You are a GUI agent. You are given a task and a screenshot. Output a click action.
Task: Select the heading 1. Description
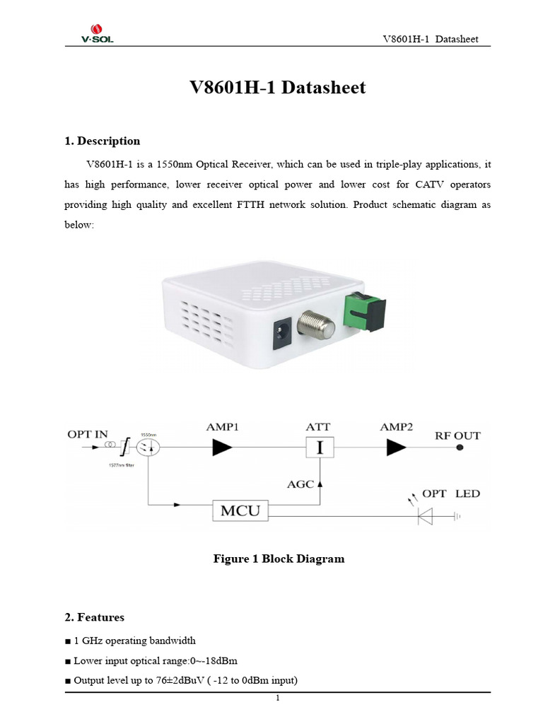point(102,141)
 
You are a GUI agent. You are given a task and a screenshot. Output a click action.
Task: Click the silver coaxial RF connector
point(314,327)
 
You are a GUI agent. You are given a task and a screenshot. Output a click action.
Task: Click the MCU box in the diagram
point(240,511)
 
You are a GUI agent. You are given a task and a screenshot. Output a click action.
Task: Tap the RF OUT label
point(457,436)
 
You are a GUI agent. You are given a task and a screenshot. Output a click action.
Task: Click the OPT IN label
point(88,434)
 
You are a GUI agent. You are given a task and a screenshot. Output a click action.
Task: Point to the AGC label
point(300,485)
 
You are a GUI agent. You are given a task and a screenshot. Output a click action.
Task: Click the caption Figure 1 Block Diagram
point(279,559)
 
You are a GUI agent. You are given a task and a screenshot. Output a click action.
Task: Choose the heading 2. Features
point(94,617)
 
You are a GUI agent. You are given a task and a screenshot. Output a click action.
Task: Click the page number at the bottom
point(278,699)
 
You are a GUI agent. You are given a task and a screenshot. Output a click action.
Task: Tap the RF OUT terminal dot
point(460,448)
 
